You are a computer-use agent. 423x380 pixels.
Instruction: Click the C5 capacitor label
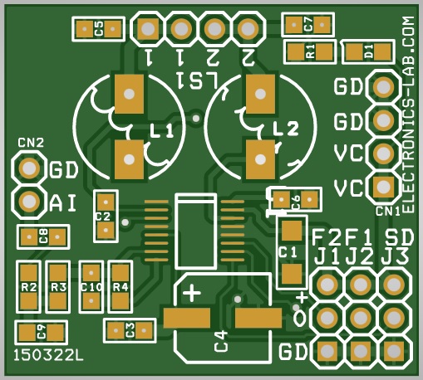tap(99, 29)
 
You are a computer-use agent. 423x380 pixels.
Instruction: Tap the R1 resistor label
tap(311, 51)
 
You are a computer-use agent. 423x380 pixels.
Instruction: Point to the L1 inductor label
tap(161, 131)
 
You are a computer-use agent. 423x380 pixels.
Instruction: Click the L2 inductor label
tap(286, 129)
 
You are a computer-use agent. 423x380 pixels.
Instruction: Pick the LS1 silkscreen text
tap(197, 80)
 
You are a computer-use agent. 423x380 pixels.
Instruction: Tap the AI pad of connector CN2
tap(29, 201)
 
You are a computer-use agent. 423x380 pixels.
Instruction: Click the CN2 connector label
tap(31, 143)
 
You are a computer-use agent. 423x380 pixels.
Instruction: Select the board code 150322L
tap(48, 355)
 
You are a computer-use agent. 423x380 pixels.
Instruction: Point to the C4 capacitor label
tap(221, 341)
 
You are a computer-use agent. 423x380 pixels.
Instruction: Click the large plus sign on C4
tap(192, 293)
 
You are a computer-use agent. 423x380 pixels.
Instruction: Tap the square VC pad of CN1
tap(384, 188)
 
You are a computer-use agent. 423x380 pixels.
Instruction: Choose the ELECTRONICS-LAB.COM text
tap(408, 114)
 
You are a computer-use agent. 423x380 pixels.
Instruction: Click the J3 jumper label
tap(395, 257)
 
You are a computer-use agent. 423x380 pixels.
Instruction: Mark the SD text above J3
tap(399, 237)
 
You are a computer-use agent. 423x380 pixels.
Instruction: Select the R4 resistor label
tap(121, 288)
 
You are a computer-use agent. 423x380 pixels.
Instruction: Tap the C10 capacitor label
tap(91, 288)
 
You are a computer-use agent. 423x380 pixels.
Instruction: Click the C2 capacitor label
tap(103, 217)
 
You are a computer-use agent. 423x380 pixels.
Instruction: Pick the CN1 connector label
tap(388, 212)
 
